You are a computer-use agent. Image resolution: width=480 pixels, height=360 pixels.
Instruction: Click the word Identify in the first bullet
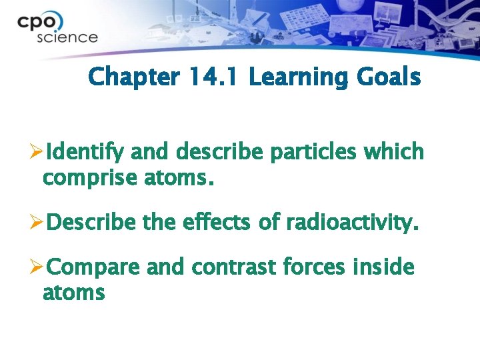click(x=87, y=153)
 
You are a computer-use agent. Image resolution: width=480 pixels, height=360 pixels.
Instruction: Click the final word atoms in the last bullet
click(x=73, y=292)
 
